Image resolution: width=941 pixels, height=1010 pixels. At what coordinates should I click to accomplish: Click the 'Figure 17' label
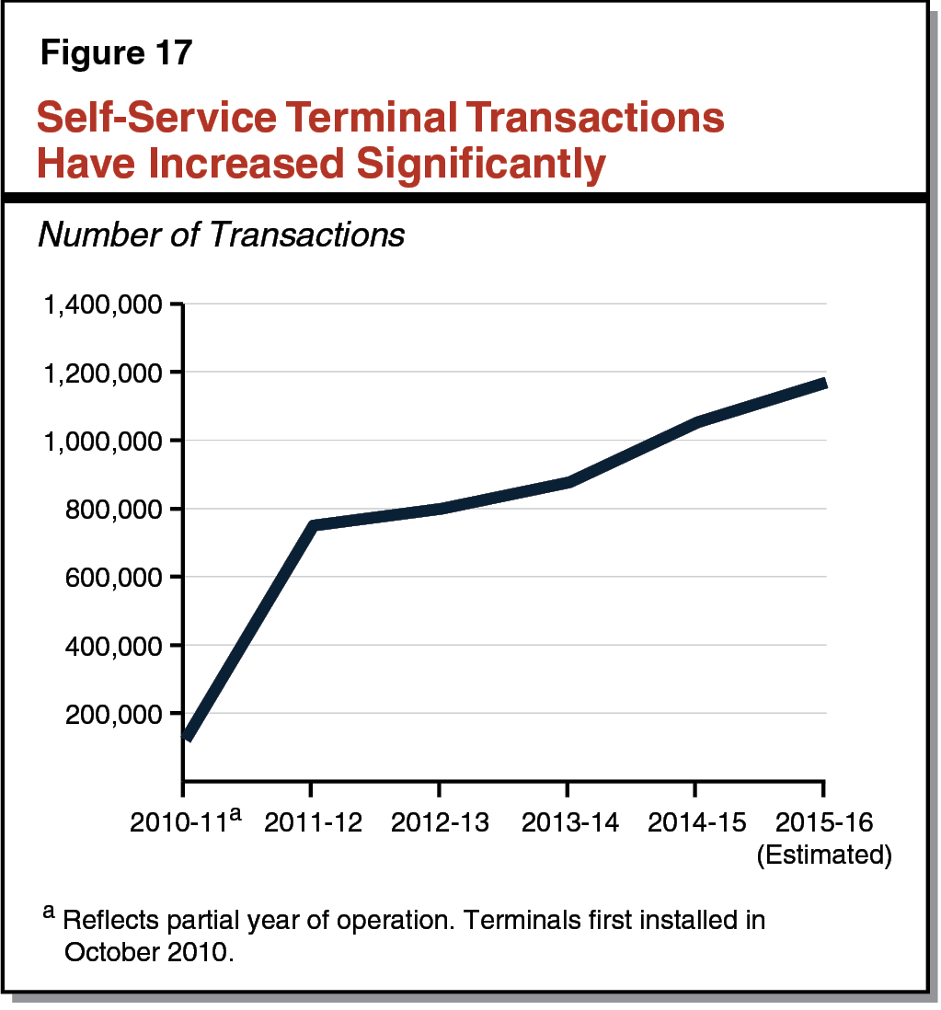[116, 52]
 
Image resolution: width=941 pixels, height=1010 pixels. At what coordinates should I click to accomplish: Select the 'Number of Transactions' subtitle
[221, 235]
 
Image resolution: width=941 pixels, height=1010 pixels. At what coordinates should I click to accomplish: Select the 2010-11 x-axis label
[179, 821]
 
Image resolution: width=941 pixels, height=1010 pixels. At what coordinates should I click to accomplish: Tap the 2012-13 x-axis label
[438, 821]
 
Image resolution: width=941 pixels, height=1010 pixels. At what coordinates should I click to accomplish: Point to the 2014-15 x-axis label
[694, 821]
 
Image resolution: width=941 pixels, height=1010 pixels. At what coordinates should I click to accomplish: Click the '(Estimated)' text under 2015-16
[823, 855]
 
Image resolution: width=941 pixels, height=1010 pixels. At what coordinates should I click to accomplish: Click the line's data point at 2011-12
[313, 526]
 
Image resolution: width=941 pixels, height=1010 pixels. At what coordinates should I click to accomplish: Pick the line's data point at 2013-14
[568, 482]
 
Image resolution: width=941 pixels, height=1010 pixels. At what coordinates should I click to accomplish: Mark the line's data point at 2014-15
[695, 421]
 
